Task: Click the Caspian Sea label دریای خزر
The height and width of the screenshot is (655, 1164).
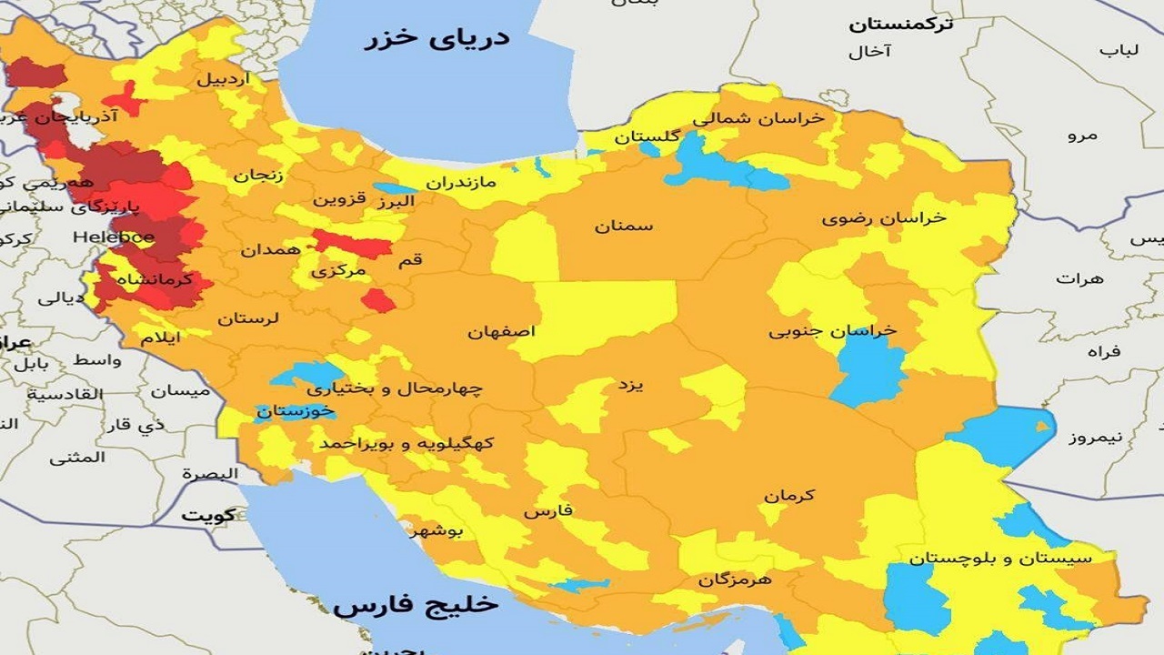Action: tap(436, 38)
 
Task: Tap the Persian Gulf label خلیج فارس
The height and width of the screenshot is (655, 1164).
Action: tap(416, 605)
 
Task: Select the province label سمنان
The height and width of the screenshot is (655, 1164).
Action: tap(624, 226)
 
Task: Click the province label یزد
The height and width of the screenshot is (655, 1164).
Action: tap(631, 385)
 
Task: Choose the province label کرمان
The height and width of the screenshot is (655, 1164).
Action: tap(789, 496)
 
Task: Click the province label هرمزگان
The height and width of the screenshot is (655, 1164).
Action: tap(735, 579)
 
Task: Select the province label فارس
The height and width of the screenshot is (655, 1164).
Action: tap(548, 511)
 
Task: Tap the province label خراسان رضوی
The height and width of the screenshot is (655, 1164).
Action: tap(884, 218)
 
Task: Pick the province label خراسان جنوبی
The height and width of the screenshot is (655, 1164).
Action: tap(832, 331)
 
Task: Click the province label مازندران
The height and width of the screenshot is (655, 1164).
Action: tap(461, 182)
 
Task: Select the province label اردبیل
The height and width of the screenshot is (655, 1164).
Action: tap(222, 79)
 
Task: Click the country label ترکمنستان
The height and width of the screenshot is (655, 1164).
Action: tap(901, 25)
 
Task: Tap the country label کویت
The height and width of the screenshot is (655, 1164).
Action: tap(207, 515)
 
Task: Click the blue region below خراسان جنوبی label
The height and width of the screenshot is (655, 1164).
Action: tap(869, 373)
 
